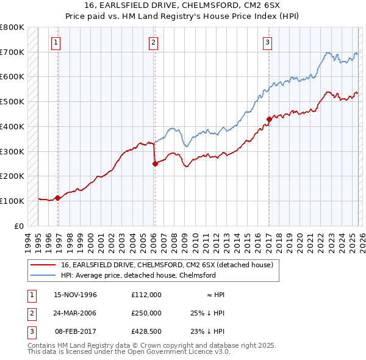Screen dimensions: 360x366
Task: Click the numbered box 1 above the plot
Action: [x=56, y=42]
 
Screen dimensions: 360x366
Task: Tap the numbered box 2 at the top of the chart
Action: [x=152, y=42]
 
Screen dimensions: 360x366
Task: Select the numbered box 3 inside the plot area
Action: [x=268, y=42]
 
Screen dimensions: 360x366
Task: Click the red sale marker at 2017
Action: [x=269, y=119]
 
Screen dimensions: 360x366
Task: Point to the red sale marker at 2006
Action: [x=155, y=164]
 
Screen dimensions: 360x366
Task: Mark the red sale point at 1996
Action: [x=58, y=198]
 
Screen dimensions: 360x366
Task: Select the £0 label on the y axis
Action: [x=19, y=226]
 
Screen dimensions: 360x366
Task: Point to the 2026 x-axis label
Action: [x=361, y=240]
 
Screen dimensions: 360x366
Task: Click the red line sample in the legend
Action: [x=43, y=265]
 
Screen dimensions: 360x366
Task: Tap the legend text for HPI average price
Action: [x=138, y=275]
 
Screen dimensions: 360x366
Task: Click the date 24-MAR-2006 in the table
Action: [x=75, y=312]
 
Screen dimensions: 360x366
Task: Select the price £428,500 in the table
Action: [x=146, y=331]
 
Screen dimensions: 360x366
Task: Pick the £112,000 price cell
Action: [x=146, y=294]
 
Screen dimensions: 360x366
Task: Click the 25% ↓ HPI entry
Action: [x=208, y=312]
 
